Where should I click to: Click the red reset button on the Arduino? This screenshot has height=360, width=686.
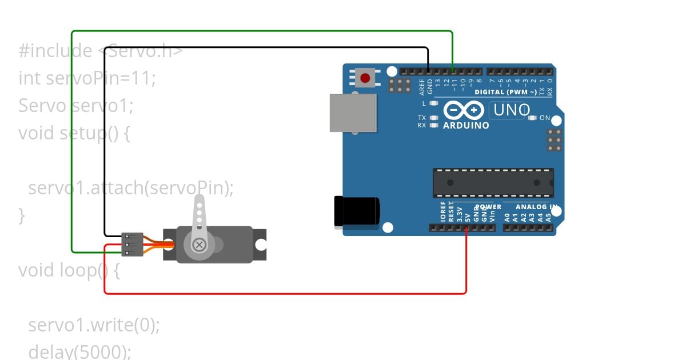(x=364, y=77)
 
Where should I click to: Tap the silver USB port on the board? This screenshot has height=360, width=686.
(x=353, y=113)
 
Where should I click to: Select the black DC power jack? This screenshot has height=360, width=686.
(x=356, y=210)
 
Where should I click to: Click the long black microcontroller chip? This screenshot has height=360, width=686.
(x=493, y=183)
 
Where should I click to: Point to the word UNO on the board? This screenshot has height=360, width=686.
(x=512, y=110)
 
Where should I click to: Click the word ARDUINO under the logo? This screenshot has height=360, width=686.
(x=466, y=125)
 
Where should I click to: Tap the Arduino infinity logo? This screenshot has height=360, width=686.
(x=464, y=110)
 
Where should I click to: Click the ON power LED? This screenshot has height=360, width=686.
(x=533, y=118)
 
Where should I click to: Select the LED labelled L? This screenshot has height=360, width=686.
(x=433, y=103)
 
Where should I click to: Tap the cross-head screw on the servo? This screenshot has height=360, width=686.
(x=199, y=245)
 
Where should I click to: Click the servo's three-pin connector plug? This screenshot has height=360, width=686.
(x=132, y=245)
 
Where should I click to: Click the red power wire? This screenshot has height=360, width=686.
(x=286, y=293)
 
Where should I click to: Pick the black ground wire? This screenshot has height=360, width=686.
(x=263, y=47)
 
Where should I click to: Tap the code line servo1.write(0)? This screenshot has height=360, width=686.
(x=94, y=325)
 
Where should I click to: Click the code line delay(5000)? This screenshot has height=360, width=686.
(x=79, y=350)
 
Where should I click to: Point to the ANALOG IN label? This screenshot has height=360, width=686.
(x=536, y=207)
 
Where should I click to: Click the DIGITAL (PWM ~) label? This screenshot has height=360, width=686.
(x=505, y=92)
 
